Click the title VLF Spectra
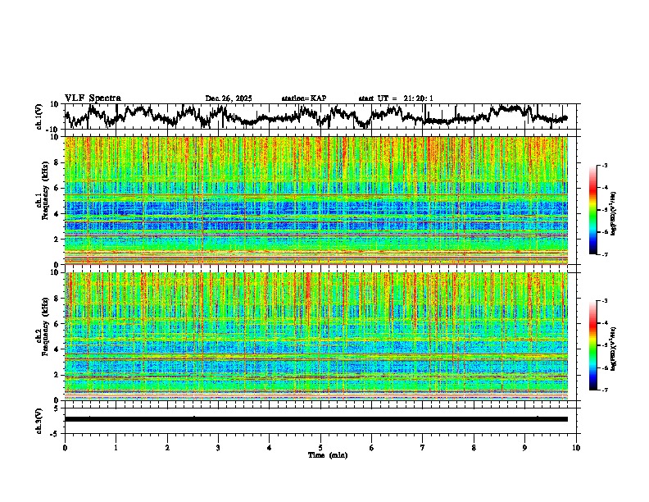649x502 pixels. [x=93, y=98]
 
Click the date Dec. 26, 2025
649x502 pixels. [x=229, y=98]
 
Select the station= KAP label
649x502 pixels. [x=304, y=98]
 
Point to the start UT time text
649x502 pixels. [x=396, y=98]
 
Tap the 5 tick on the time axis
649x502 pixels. [x=320, y=448]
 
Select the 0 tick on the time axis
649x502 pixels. [x=65, y=448]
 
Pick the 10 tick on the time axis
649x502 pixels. [x=576, y=448]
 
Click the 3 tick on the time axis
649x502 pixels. [x=218, y=448]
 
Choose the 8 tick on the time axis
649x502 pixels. [x=474, y=448]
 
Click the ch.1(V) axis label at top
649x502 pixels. [x=39, y=116]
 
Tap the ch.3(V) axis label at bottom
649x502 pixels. [x=39, y=419]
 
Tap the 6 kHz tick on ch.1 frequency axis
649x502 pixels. [x=58, y=188]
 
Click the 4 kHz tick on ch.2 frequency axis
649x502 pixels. [x=58, y=349]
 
